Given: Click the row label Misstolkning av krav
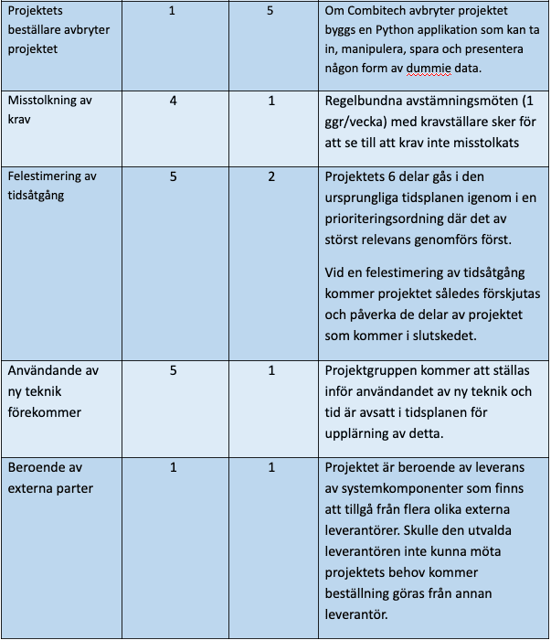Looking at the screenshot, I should point(49,109).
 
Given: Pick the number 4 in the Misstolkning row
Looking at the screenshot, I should point(173,101).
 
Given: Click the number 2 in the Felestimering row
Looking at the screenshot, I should point(271,176).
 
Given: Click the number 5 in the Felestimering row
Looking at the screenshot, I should point(173,176).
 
